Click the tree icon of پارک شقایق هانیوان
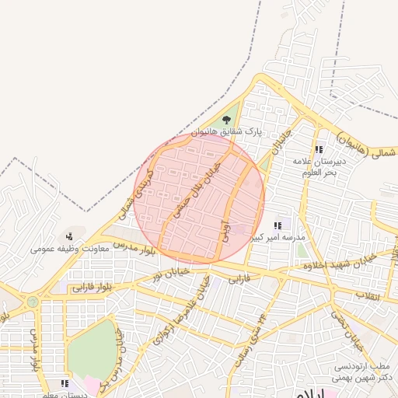226,120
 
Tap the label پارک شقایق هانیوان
228,133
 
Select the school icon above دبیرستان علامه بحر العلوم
318,149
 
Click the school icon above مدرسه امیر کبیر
278,225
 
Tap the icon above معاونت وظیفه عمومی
69,236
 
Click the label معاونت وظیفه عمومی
68,249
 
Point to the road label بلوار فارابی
91,288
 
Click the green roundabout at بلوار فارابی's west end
32,301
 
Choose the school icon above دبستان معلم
65,383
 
